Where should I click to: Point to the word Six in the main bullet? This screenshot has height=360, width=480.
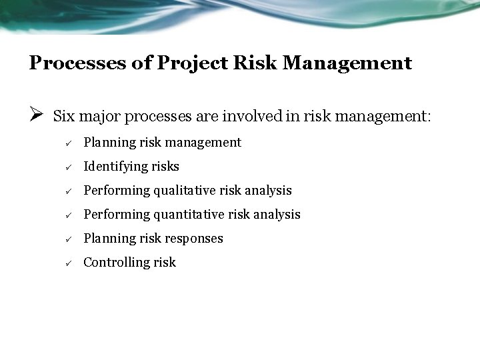[x=63, y=117]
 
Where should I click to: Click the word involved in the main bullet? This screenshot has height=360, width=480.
[x=264, y=117]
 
